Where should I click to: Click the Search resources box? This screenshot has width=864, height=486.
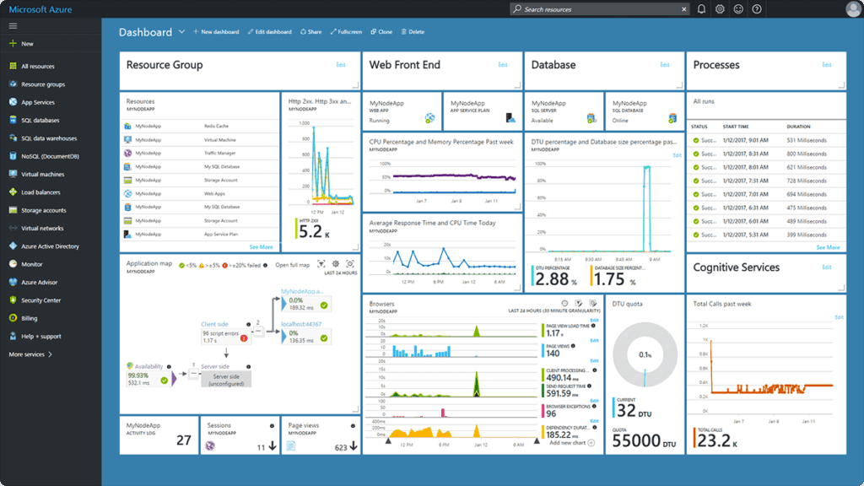tap(599, 9)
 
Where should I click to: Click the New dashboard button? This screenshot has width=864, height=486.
tap(216, 32)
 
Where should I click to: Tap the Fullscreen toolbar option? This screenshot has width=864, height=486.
tap(346, 32)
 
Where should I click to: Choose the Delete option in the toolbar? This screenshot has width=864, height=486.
tap(413, 32)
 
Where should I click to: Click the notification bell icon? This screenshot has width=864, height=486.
tap(701, 9)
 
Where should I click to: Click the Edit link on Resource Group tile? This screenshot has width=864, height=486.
tap(341, 65)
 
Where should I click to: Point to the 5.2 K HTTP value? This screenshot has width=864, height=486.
tap(310, 231)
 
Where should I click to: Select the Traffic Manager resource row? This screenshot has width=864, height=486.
tap(220, 154)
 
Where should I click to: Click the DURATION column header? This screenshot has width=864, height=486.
tap(798, 127)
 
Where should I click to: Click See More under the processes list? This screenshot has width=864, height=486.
tap(828, 247)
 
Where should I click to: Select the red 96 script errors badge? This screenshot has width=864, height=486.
tap(243, 338)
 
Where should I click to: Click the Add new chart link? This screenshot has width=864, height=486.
tap(571, 442)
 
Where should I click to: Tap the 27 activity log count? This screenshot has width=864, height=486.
tap(183, 440)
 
